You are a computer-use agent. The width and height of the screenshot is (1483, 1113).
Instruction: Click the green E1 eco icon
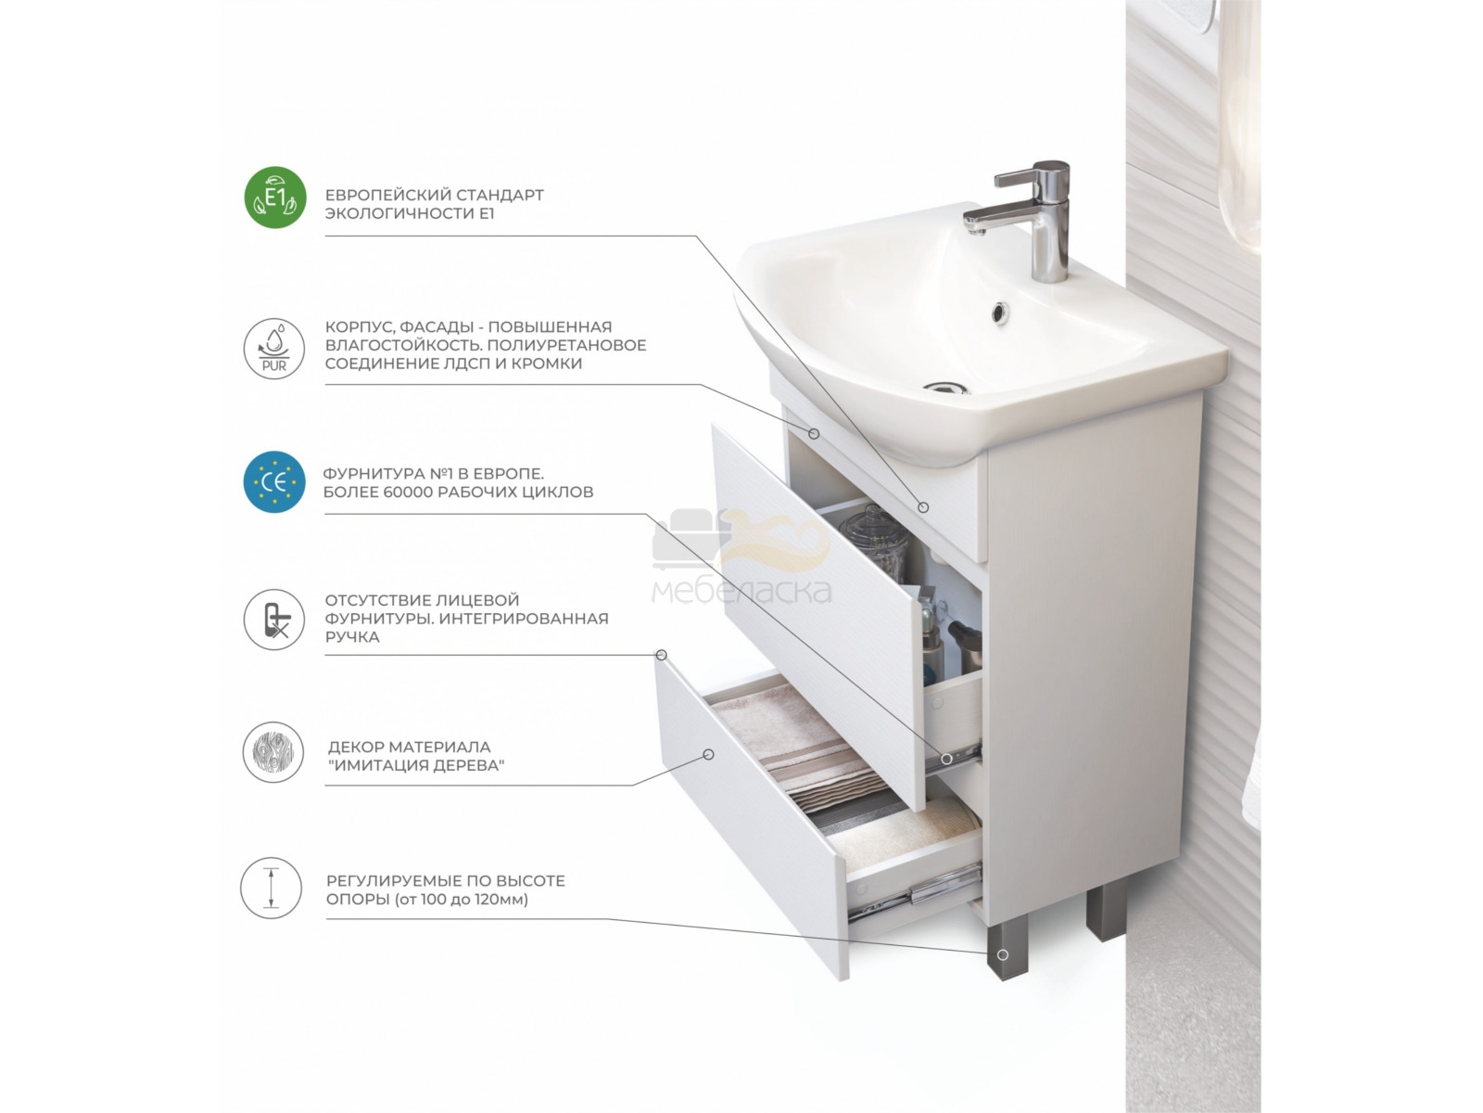tap(274, 198)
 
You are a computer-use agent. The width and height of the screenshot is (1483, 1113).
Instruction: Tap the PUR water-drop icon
tap(273, 349)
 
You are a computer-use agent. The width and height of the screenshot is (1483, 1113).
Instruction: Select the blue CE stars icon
tap(274, 481)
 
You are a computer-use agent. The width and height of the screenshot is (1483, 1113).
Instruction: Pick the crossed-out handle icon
tap(274, 620)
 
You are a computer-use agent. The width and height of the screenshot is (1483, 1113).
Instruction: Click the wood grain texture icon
tap(273, 752)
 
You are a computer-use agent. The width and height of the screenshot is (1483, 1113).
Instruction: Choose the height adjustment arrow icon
tap(271, 888)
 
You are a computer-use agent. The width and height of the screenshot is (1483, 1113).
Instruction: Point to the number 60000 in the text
tap(408, 492)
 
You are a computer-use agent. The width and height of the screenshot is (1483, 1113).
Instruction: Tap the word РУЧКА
tap(352, 637)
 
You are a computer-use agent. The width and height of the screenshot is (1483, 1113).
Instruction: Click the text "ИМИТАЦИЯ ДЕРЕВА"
tap(416, 766)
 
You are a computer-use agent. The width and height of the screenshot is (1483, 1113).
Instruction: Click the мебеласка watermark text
tap(741, 593)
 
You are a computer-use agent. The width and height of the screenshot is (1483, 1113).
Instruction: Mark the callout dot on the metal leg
tap(1003, 955)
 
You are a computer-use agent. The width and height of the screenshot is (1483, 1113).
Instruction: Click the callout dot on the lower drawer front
tap(709, 754)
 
